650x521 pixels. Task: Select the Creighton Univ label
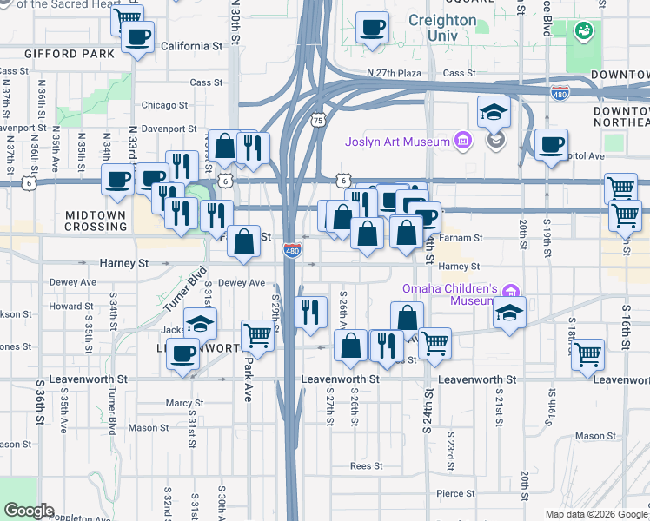coord(441,28)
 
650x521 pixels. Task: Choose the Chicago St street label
coord(164,105)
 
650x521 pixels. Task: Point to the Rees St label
coord(366,465)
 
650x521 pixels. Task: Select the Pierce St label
coord(456,492)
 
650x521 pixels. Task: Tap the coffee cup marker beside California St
coord(137,38)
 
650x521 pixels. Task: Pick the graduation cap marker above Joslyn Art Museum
coord(494,112)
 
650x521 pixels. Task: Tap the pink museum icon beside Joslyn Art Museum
coord(462,142)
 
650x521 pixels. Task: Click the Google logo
coord(29,511)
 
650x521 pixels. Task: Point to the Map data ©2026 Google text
coord(595,514)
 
